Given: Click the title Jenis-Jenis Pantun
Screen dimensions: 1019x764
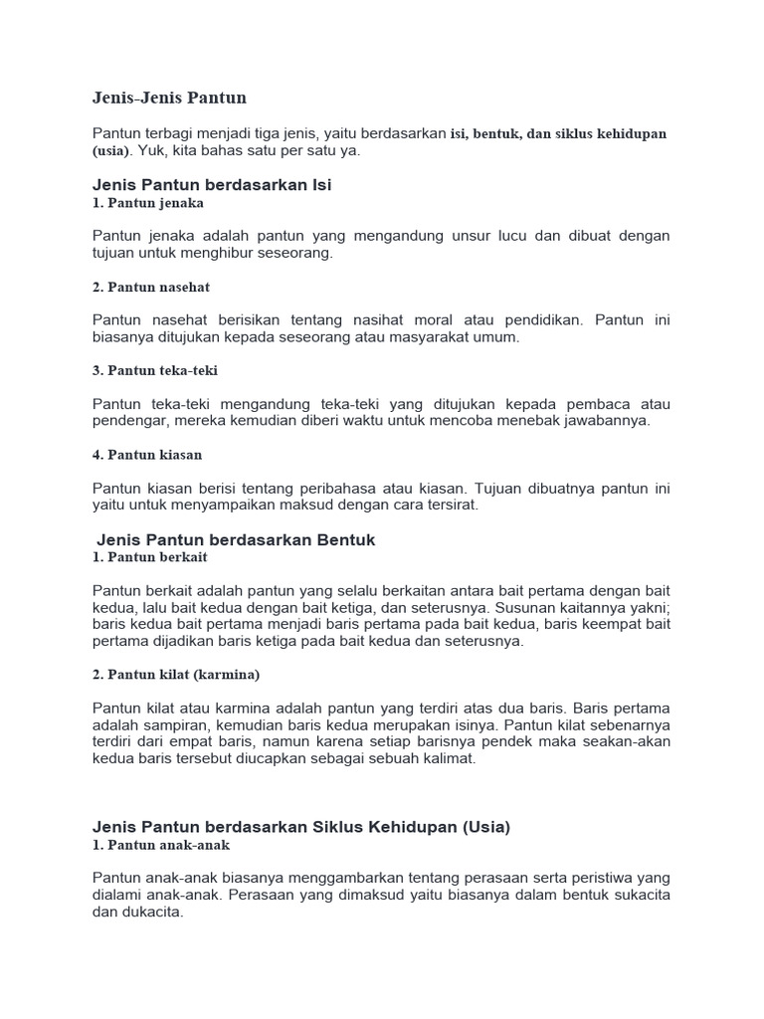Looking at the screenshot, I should click(x=169, y=98).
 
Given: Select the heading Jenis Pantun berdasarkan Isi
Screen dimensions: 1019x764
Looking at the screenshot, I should click(x=212, y=185).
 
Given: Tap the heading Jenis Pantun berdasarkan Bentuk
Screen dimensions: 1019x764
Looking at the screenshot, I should click(x=236, y=539).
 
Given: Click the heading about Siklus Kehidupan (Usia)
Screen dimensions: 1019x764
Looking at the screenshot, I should click(x=301, y=827).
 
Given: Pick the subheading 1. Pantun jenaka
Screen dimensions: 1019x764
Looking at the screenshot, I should click(x=148, y=203).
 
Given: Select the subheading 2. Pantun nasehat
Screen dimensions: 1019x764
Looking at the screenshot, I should click(x=151, y=287).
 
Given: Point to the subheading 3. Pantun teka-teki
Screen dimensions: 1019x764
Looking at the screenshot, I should click(x=155, y=370).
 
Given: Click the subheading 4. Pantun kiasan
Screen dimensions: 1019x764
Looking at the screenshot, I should click(x=147, y=455).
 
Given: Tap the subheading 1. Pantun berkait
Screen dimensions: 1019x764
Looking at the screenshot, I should click(x=150, y=557).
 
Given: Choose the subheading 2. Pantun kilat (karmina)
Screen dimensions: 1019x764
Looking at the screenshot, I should click(x=176, y=675).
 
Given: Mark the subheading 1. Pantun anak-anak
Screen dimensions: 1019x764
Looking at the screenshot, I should click(x=161, y=845).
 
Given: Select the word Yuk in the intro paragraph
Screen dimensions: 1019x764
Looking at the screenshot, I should click(x=149, y=151).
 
